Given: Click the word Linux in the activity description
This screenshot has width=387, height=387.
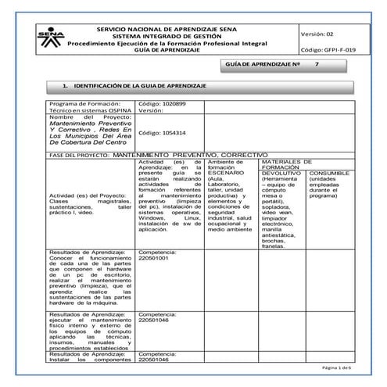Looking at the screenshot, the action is (192, 217).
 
